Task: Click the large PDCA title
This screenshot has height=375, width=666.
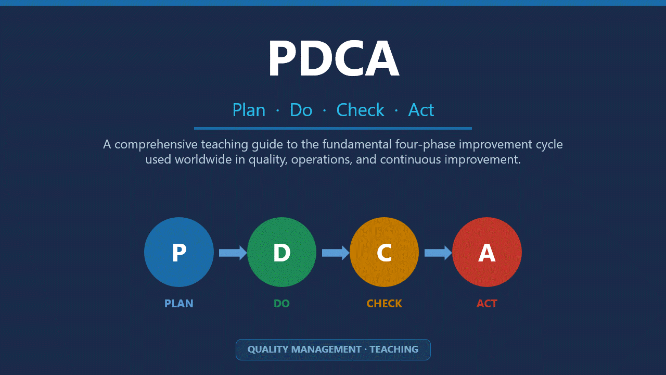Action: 333,58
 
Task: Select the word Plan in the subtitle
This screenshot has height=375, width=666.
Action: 249,110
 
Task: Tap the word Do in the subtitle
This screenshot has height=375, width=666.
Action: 301,110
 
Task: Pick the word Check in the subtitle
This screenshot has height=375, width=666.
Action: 360,110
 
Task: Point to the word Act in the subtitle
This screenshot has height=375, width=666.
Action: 421,110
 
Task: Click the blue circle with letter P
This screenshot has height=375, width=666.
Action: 179,252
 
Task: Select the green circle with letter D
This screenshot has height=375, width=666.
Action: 281,252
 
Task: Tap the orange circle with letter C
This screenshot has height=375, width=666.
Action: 384,252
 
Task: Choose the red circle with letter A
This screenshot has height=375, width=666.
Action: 487,252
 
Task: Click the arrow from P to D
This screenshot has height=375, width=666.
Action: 232,253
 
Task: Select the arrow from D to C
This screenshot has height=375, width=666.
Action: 335,253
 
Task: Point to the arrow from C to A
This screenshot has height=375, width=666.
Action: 438,253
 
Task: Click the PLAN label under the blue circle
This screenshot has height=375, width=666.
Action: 179,303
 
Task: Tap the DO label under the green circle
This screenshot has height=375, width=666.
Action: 281,303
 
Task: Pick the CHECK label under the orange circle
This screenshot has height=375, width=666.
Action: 384,303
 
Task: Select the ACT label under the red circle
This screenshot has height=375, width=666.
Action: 487,303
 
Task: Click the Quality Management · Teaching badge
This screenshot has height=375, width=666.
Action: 333,349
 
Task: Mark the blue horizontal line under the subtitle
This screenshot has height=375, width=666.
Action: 333,128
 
